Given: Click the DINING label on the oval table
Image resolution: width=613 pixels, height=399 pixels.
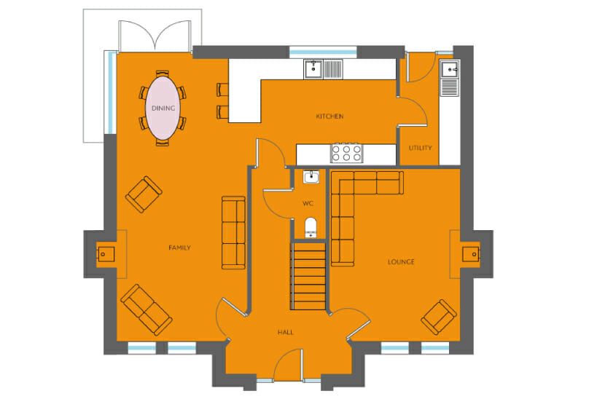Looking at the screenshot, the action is [163, 108].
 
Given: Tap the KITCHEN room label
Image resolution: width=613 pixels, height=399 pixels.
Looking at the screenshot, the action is [329, 116].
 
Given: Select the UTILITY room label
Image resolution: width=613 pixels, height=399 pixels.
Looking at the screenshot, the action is [421, 148].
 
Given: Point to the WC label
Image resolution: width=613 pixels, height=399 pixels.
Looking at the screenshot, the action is [308, 203].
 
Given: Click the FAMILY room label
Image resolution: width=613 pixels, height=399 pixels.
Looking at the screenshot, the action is [179, 248].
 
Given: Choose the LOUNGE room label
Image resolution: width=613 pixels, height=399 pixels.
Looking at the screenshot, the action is [401, 262].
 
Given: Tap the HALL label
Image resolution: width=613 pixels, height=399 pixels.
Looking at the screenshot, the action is [286, 332].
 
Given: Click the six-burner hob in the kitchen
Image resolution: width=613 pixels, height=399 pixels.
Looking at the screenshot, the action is [346, 153].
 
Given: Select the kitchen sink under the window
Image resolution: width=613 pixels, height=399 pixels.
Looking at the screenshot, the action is [324, 69].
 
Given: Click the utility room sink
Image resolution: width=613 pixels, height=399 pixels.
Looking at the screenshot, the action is [450, 78].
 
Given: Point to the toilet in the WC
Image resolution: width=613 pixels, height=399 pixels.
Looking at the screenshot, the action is [311, 228].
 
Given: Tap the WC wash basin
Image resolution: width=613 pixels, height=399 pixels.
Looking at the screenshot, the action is [311, 177].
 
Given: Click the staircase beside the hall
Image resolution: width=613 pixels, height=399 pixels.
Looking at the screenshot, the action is [308, 276].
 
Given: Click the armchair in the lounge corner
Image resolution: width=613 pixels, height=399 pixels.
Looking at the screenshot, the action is [439, 317].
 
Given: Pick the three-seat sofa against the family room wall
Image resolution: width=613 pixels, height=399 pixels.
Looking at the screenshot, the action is [233, 233].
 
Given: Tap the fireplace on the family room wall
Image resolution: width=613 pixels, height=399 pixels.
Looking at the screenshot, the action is [106, 254].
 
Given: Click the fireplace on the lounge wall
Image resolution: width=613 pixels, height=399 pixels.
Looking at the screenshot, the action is [471, 254].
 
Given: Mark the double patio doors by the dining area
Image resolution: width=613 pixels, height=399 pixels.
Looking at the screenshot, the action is [155, 36].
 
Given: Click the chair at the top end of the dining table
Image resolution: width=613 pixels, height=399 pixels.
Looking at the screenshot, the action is [163, 74].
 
